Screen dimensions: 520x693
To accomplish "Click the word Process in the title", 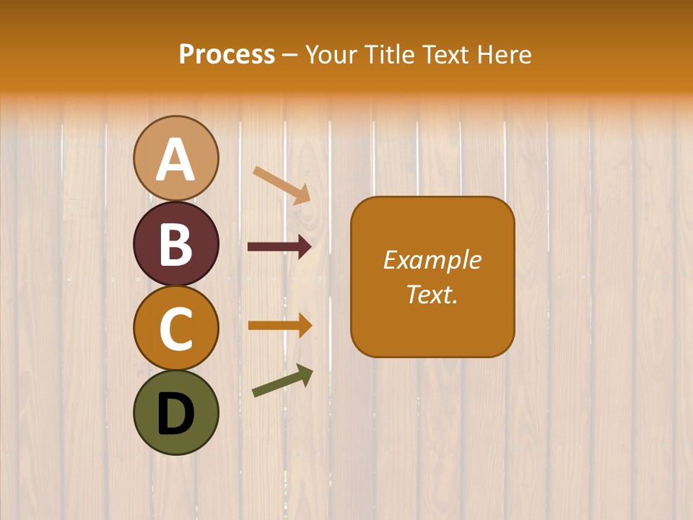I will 227,55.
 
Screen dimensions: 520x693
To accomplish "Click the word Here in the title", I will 507,55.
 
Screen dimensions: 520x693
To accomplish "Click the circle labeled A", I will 175,158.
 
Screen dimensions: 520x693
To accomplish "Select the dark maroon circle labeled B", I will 175,243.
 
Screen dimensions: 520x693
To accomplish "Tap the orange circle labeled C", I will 175,328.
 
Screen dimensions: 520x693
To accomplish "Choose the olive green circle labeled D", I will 175,412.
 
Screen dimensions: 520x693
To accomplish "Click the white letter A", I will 175,160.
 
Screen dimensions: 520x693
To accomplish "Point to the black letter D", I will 175,414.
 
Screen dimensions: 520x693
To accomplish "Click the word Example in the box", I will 432,260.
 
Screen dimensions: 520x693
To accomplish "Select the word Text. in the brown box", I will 432,294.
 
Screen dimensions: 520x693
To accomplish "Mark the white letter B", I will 175,245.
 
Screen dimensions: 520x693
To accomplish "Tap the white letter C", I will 175,329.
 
